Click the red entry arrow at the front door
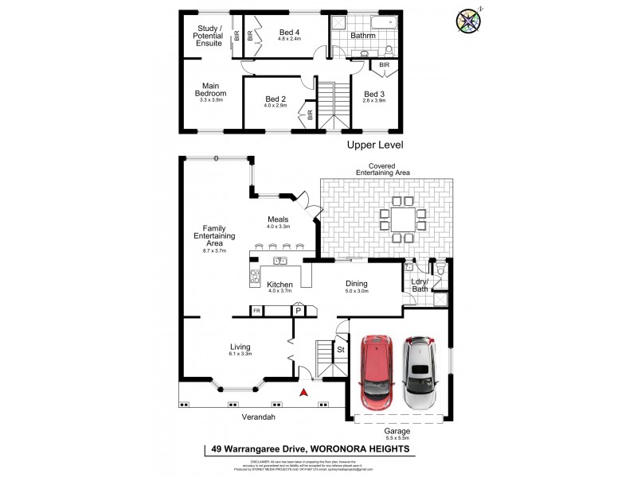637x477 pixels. point(302,391)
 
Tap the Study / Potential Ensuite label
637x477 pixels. point(211,36)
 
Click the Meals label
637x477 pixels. point(278,219)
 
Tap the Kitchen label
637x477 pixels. point(279,285)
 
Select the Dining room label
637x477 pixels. point(356,284)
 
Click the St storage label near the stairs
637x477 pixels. point(340,348)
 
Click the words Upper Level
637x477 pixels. point(375,145)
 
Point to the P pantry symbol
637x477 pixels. point(299,311)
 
